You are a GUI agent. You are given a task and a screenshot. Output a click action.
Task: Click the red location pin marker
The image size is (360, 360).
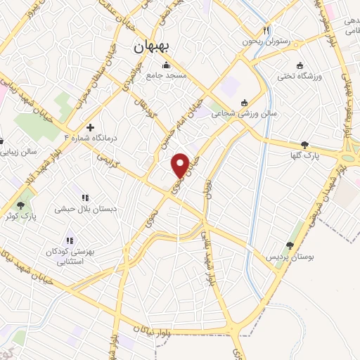point(181,165)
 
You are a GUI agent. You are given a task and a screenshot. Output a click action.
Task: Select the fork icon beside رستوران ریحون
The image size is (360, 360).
point(266,30)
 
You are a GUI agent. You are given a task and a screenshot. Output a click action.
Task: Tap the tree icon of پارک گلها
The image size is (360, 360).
point(304,146)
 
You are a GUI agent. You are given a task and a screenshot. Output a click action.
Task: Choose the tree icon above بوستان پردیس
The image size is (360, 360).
point(289,245)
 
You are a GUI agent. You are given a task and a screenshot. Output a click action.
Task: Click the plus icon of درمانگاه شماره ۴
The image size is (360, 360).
point(90,127)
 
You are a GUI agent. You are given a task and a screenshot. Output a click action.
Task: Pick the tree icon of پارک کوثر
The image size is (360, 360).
point(20,206)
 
